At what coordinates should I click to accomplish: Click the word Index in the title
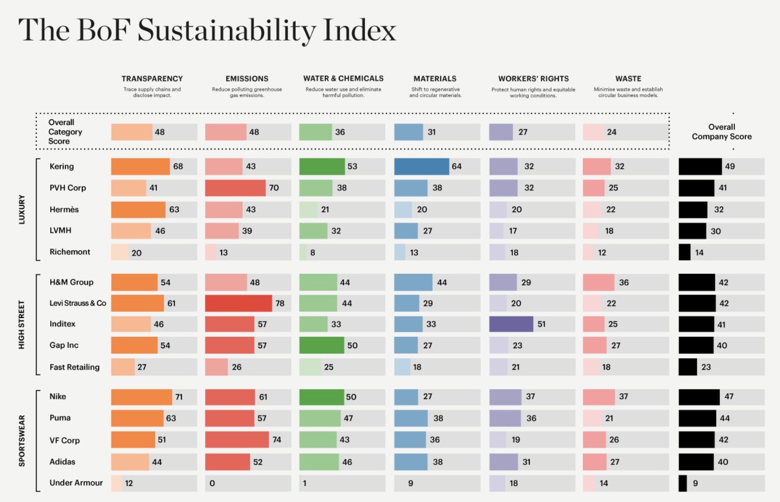click(x=359, y=30)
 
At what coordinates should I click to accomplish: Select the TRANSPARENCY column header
click(x=152, y=79)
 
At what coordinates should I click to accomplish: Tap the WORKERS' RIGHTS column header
click(x=533, y=79)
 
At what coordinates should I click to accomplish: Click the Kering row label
click(x=62, y=166)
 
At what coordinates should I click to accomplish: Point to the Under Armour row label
click(x=76, y=483)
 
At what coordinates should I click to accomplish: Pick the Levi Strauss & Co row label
click(x=78, y=303)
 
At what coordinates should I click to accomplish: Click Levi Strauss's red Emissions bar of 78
click(x=238, y=303)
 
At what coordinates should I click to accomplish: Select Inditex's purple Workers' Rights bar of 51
click(x=511, y=324)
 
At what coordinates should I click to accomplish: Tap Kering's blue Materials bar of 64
click(x=422, y=166)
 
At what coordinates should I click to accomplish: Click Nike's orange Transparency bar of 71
click(x=141, y=397)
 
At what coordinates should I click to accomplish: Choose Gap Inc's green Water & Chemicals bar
click(x=322, y=345)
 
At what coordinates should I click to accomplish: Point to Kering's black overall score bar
click(x=700, y=166)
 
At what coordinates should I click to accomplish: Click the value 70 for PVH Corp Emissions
click(x=274, y=188)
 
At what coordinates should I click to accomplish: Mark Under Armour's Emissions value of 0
click(x=212, y=483)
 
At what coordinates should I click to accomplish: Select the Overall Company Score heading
click(x=722, y=132)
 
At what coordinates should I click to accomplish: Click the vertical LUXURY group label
click(x=22, y=209)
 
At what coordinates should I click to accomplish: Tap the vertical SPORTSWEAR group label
click(x=22, y=440)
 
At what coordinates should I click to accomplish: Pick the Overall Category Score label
click(x=65, y=132)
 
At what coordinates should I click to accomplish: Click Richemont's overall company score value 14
click(x=699, y=252)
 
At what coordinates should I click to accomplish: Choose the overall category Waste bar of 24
click(x=593, y=132)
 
